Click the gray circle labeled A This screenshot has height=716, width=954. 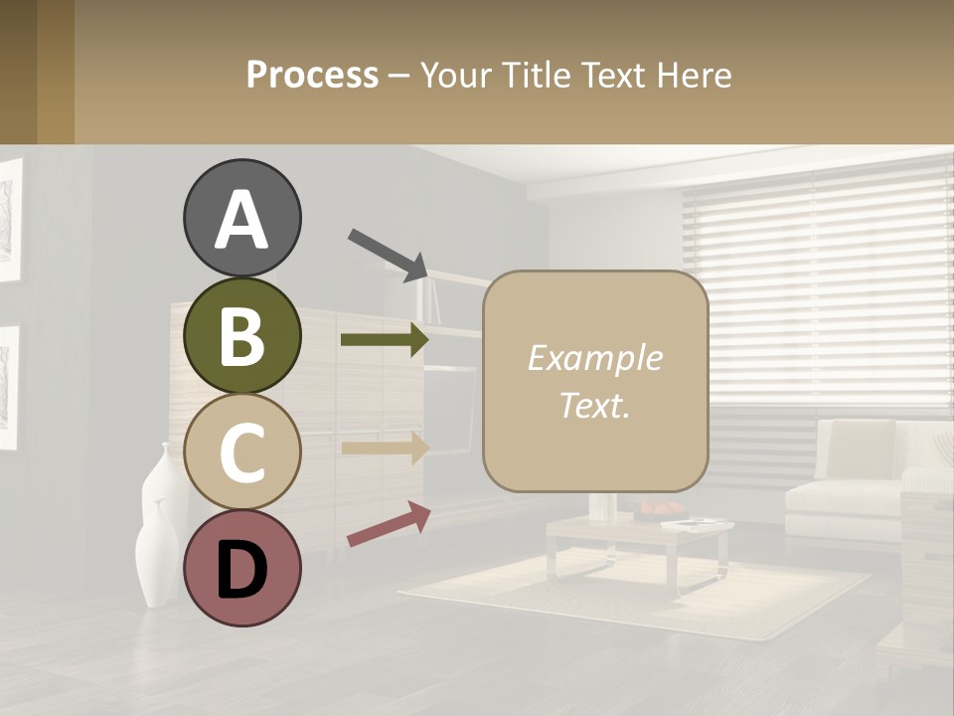point(241,219)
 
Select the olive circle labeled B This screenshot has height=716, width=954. point(241,335)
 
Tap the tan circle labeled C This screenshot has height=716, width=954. point(241,451)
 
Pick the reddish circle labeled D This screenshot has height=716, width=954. point(241,568)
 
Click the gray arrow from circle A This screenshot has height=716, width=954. point(388,254)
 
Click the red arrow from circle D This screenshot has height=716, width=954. point(389,524)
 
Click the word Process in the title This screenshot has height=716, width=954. point(312,75)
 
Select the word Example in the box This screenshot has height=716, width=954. point(594,358)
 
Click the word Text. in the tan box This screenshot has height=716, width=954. point(594,405)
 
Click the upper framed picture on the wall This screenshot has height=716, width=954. point(9,219)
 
